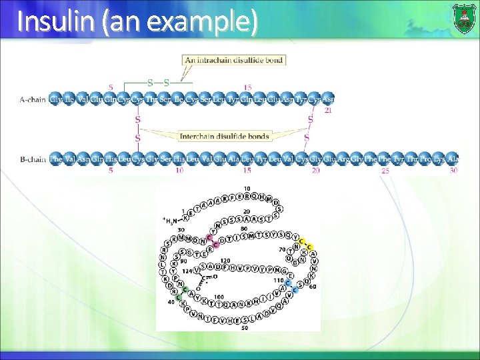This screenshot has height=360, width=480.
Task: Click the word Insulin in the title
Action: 57,22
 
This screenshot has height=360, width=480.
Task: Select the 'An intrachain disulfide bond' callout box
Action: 234,60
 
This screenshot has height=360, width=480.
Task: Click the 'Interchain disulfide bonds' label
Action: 225,137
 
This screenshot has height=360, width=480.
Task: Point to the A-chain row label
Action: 33,100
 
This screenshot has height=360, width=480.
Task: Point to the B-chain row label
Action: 33,159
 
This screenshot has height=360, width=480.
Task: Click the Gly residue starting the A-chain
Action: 57,100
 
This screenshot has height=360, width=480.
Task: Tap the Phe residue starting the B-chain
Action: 57,159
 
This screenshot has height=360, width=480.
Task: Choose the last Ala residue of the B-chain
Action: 453,159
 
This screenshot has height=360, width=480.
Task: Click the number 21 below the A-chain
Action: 328,111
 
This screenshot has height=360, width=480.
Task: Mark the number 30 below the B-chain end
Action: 453,171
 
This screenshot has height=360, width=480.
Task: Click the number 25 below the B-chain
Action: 385,171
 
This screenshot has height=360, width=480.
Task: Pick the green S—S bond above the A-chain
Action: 158,83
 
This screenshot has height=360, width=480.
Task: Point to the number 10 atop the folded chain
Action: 247,189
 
